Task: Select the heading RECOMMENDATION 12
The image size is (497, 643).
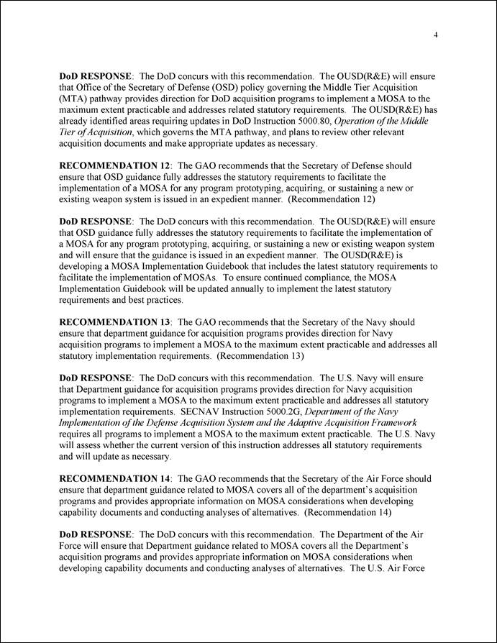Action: [x=114, y=165]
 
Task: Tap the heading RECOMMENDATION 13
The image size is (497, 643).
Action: [x=114, y=322]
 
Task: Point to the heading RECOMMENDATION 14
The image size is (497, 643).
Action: [x=114, y=478]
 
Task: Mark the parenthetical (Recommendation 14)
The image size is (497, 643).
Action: [x=347, y=512]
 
